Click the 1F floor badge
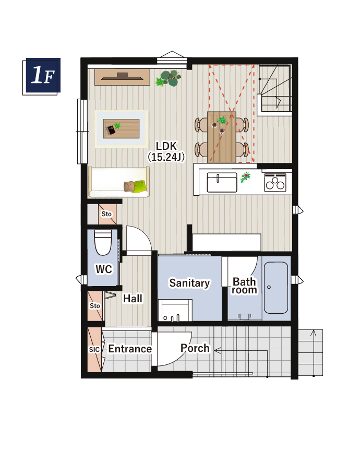[x=42, y=76]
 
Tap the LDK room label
[x=166, y=146]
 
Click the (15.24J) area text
[x=166, y=157]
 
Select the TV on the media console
[x=122, y=77]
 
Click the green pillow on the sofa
[x=139, y=186]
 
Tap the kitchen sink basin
[x=222, y=183]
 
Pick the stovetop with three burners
[x=275, y=183]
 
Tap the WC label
[x=104, y=269]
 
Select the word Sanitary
[x=189, y=283]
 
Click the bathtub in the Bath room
[x=275, y=288]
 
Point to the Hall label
[x=133, y=299]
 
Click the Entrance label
[x=130, y=349]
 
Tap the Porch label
[x=195, y=348]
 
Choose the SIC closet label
[x=94, y=350]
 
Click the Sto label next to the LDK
[x=106, y=214]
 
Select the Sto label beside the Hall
[x=94, y=306]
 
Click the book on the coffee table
[x=111, y=129]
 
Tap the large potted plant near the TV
[x=169, y=78]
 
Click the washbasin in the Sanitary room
[x=175, y=310]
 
